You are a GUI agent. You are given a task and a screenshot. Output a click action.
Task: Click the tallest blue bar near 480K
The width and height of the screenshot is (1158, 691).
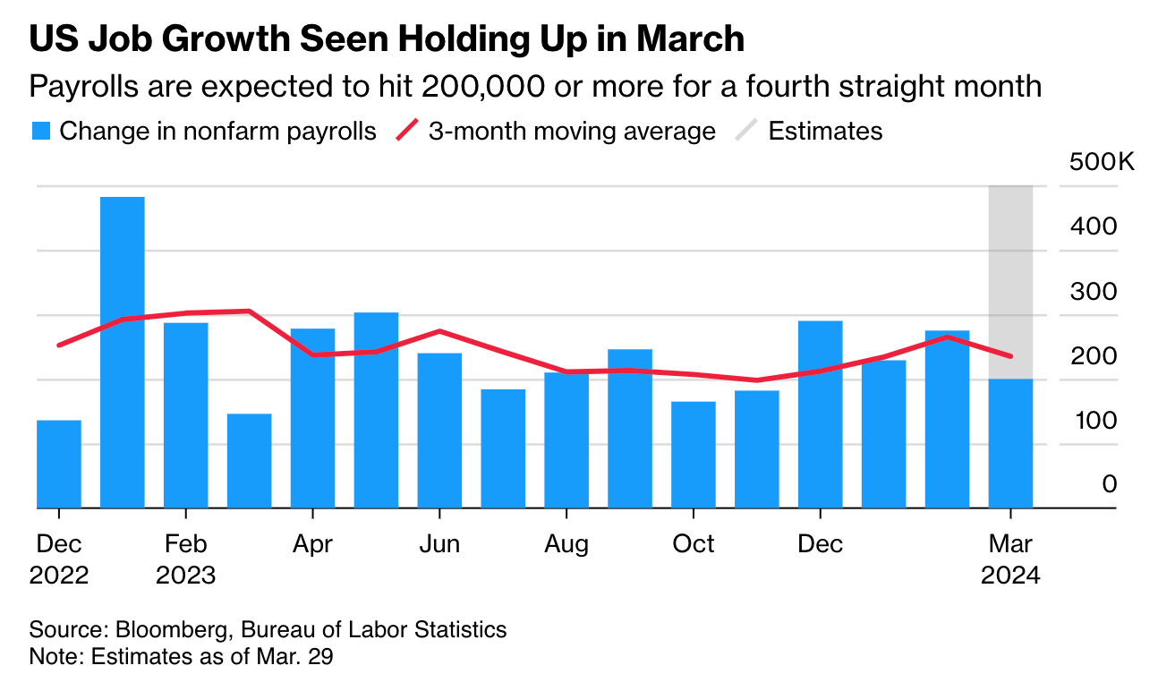coord(123,352)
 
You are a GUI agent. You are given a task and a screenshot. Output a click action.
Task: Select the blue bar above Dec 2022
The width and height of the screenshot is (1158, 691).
coord(59,464)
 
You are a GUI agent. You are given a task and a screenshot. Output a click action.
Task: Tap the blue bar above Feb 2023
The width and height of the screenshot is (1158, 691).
coord(185,415)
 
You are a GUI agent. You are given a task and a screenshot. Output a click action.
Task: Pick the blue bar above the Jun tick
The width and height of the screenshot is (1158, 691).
coord(439,431)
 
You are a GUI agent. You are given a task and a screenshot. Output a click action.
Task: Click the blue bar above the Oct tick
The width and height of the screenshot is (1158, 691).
coord(694,455)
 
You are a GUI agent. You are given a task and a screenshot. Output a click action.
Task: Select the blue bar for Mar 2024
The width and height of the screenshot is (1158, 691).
coord(1010,443)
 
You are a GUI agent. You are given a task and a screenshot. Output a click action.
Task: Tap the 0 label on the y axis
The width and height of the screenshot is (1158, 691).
coord(1110,484)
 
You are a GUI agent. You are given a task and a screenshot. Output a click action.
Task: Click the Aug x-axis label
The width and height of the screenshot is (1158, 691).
coord(566,543)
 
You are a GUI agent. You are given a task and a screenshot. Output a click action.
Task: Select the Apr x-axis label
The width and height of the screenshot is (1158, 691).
coord(312,543)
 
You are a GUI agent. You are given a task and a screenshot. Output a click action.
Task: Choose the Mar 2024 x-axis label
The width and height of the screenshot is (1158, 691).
coord(1010,559)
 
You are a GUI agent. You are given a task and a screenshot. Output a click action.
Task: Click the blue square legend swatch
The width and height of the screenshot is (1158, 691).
coord(40,132)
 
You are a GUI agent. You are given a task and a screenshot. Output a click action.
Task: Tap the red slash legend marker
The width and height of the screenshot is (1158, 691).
coord(408,132)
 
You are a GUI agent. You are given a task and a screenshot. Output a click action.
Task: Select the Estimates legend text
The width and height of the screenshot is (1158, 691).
coord(825,132)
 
